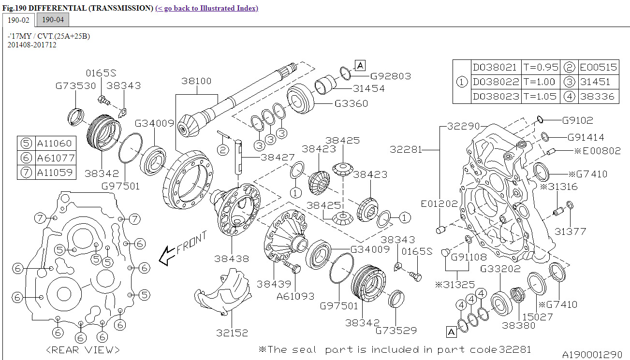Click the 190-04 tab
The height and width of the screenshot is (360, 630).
pyautogui.click(x=53, y=20)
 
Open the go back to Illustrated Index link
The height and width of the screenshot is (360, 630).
pyautogui.click(x=206, y=8)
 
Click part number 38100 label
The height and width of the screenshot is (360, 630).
pyautogui.click(x=196, y=81)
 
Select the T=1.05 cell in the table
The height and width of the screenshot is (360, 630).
pyautogui.click(x=540, y=96)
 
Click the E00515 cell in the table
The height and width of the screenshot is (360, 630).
pyautogui.click(x=599, y=67)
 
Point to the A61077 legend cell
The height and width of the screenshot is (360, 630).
pyautogui.click(x=56, y=158)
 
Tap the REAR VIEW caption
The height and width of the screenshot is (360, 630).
pyautogui.click(x=83, y=349)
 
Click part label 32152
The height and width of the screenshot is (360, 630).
pyautogui.click(x=232, y=333)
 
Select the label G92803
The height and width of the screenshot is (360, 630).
pyautogui.click(x=391, y=76)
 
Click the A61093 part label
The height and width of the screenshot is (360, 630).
pyautogui.click(x=295, y=296)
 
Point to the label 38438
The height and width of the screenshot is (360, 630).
pyautogui.click(x=232, y=259)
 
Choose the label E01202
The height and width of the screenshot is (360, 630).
pyautogui.click(x=439, y=204)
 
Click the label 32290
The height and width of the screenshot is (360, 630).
pyautogui.click(x=463, y=126)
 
